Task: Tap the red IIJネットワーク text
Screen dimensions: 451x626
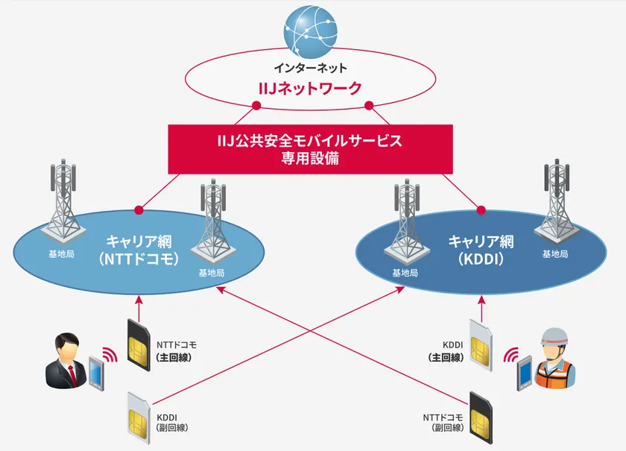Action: (309, 89)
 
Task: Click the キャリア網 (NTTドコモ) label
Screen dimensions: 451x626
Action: (139, 250)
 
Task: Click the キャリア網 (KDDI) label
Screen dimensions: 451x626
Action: (481, 250)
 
